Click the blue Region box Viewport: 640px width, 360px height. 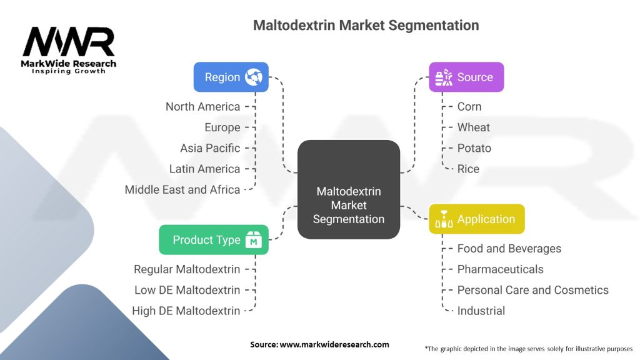(x=231, y=77)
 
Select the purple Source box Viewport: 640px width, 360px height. (x=466, y=77)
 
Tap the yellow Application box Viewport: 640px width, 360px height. (x=477, y=219)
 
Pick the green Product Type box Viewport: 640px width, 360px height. (x=214, y=240)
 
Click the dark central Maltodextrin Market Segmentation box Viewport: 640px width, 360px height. (x=349, y=189)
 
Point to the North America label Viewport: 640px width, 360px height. (x=203, y=106)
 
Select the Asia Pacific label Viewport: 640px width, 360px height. (x=210, y=148)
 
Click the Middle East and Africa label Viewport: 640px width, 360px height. (x=182, y=190)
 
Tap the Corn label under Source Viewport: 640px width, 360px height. (x=469, y=106)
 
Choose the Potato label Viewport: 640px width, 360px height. (x=474, y=148)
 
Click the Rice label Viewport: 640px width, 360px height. (x=468, y=169)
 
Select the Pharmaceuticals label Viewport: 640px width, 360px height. (x=501, y=269)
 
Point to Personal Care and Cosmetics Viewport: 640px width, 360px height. (x=533, y=290)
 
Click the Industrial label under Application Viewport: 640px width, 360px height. (x=481, y=311)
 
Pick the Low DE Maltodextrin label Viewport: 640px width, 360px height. (x=187, y=290)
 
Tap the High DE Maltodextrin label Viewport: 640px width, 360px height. (x=186, y=311)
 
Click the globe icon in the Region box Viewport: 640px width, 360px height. (x=254, y=77)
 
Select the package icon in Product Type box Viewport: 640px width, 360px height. (x=254, y=240)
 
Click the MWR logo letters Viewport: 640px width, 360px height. (x=69, y=42)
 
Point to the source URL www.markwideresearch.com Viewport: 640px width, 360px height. (x=334, y=344)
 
